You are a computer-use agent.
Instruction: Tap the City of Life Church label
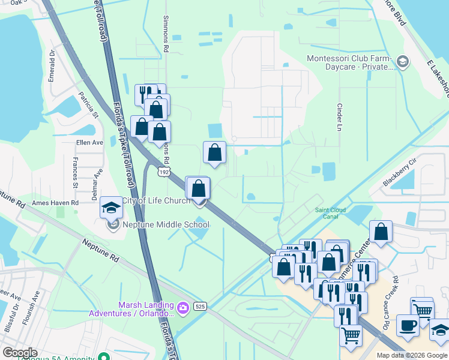(156, 200)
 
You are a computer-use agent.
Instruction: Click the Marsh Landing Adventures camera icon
(183, 308)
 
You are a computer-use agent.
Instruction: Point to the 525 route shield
(200, 307)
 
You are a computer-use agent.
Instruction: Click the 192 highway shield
(163, 172)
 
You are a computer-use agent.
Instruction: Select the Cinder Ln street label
(339, 116)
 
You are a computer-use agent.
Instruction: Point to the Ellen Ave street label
(90, 143)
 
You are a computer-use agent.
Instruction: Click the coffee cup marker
(408, 326)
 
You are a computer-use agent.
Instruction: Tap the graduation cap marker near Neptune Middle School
(111, 208)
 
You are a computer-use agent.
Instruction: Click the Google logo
(20, 353)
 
